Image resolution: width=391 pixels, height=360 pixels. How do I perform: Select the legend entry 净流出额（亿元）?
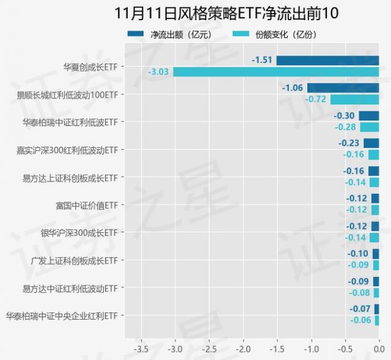[172, 34]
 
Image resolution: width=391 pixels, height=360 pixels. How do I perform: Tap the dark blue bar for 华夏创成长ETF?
[327, 60]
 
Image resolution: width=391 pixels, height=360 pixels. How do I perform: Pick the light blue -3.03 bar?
[276, 72]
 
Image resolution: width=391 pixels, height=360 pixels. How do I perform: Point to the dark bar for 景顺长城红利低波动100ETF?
[343, 87]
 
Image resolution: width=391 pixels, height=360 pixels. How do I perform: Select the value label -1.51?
[262, 60]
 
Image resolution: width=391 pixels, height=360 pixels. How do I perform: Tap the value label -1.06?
[293, 87]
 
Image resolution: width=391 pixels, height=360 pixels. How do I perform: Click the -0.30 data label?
[345, 116]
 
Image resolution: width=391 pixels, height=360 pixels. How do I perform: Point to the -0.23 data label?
[349, 143]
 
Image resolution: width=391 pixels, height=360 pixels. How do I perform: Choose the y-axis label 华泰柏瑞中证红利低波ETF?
[70, 122]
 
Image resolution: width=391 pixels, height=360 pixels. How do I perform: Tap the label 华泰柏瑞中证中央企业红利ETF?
[61, 315]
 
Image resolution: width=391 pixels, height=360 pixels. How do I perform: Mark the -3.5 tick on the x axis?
[141, 349]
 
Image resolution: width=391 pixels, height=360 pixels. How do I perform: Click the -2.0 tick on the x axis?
[243, 349]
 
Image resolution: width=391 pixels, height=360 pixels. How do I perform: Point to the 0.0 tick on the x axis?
[379, 349]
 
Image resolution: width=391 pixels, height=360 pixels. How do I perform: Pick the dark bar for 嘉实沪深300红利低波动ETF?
[371, 143]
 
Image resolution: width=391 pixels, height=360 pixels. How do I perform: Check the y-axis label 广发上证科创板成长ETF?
[74, 260]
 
